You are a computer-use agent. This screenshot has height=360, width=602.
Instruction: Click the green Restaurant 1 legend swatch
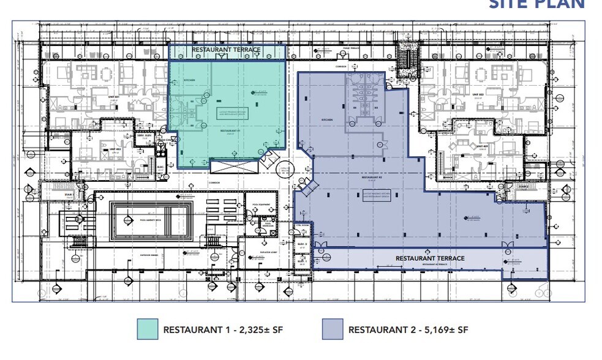148,329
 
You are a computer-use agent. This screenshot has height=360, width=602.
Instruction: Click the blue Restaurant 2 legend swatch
333,329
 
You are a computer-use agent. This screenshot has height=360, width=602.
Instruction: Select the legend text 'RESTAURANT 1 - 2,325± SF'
223,330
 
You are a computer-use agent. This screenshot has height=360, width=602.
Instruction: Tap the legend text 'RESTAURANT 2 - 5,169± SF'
408,330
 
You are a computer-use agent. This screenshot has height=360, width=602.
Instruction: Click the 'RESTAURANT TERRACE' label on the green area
226,50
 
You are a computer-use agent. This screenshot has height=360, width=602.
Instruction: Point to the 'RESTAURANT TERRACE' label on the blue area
430,258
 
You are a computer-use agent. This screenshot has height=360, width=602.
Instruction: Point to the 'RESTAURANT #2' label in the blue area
372,179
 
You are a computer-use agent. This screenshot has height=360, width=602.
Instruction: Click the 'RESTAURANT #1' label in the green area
231,130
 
